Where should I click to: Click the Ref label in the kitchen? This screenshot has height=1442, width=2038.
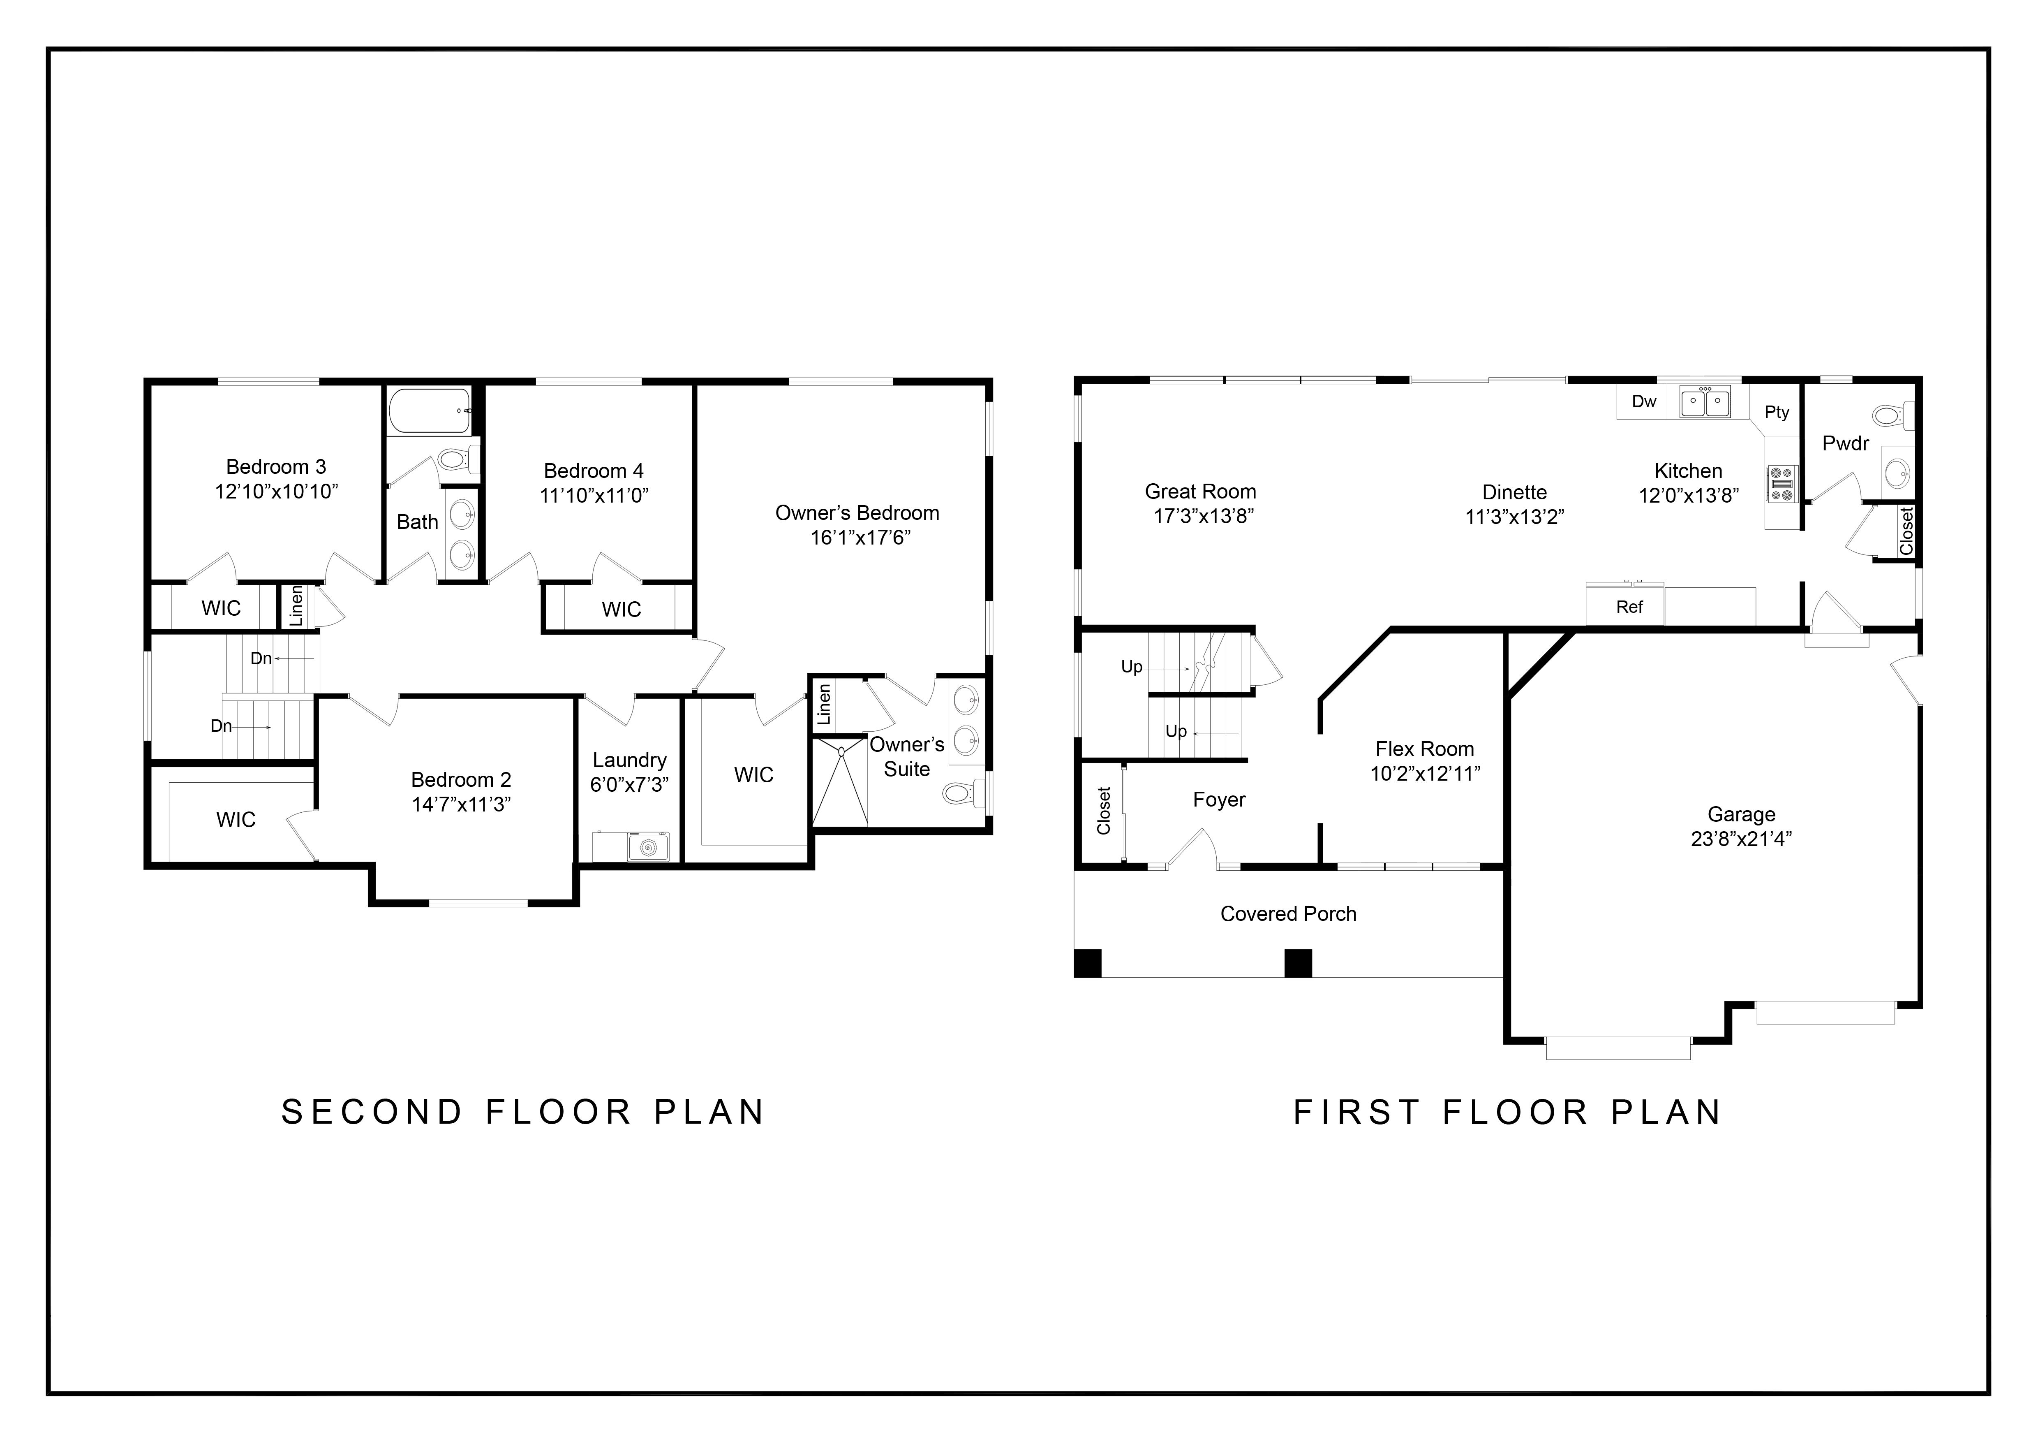point(1629,607)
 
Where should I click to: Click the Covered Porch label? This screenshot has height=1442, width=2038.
point(1288,913)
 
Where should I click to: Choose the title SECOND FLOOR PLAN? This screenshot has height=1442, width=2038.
point(523,1113)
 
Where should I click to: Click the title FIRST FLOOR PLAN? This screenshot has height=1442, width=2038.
point(1507,1113)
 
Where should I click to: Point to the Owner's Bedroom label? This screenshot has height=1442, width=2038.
point(857,513)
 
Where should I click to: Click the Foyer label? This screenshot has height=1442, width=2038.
point(1219,800)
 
